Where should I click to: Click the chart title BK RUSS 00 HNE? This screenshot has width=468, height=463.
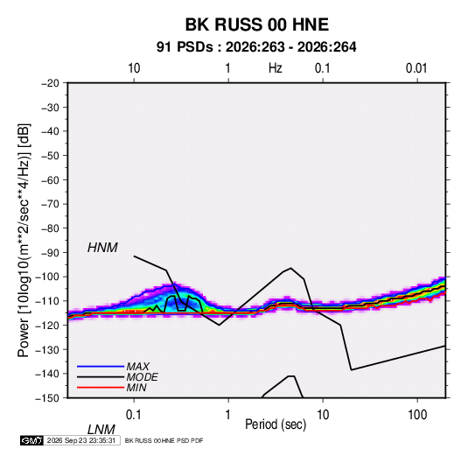(x=257, y=25)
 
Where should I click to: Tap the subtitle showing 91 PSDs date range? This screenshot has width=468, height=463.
(x=256, y=47)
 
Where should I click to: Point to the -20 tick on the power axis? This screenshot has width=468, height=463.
(x=50, y=83)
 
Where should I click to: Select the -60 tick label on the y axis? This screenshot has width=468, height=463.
(x=50, y=179)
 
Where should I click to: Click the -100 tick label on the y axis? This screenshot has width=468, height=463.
(x=47, y=277)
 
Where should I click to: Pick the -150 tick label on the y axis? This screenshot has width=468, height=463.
(x=47, y=398)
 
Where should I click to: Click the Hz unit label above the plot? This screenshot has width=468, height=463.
(x=276, y=68)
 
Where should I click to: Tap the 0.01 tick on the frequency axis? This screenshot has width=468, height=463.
(x=416, y=68)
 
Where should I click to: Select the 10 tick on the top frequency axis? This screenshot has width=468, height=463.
(x=134, y=68)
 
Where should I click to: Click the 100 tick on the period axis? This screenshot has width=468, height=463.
(x=417, y=415)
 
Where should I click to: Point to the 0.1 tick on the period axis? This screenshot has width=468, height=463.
(x=134, y=415)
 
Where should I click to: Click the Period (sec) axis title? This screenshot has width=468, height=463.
(x=276, y=424)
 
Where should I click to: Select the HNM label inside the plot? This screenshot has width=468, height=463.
(x=102, y=248)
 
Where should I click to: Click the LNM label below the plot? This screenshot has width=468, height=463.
(x=101, y=430)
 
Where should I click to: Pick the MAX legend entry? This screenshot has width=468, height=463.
(x=137, y=367)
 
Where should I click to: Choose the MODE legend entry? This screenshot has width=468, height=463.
(x=142, y=377)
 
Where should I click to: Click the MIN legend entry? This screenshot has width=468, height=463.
(x=136, y=388)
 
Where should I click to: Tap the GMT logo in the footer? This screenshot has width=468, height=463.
(x=31, y=440)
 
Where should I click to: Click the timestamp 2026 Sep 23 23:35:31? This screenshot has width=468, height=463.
(x=81, y=440)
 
